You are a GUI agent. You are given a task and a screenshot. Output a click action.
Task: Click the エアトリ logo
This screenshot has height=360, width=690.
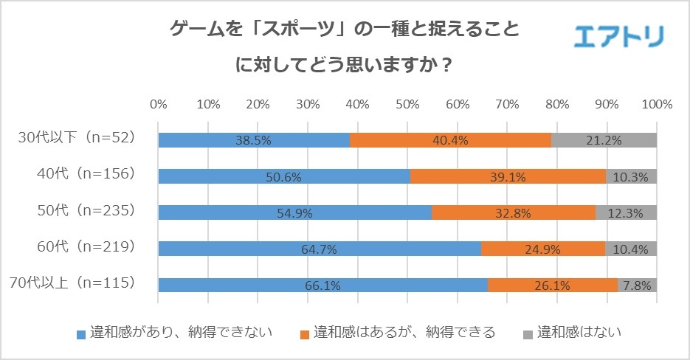pyautogui.click(x=618, y=35)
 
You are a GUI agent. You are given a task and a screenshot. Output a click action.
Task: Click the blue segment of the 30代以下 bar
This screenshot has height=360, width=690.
pyautogui.click(x=253, y=140)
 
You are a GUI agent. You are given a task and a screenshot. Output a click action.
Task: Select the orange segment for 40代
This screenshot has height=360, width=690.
pyautogui.click(x=508, y=176)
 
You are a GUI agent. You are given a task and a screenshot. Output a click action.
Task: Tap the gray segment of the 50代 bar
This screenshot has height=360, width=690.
pyautogui.click(x=626, y=212)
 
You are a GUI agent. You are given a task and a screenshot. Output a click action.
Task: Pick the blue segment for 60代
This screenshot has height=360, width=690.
pyautogui.click(x=319, y=249)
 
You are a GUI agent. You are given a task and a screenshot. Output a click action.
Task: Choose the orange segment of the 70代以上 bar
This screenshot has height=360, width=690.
pyautogui.click(x=552, y=285)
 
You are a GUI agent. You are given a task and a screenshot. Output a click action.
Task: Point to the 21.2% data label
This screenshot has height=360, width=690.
pyautogui.click(x=604, y=141)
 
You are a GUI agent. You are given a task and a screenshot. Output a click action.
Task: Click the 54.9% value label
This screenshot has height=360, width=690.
pyautogui.click(x=295, y=213)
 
